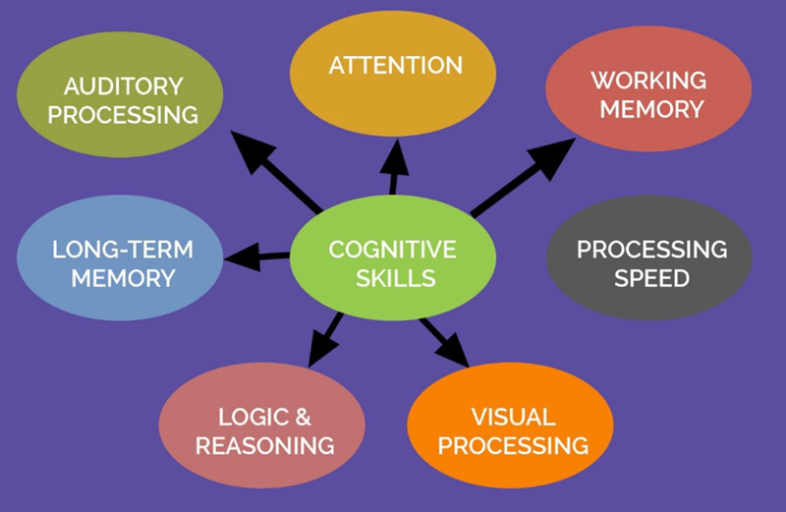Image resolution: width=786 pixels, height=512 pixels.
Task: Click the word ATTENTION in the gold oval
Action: tap(395, 66)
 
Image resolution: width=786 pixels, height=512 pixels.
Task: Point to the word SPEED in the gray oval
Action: tap(651, 277)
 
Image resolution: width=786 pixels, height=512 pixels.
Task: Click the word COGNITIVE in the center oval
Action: tap(392, 249)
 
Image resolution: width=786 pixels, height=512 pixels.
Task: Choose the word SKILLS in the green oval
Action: tap(392, 278)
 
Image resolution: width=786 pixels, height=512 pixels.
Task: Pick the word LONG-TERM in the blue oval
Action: tap(123, 249)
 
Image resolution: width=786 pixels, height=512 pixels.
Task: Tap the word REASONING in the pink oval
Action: tap(264, 445)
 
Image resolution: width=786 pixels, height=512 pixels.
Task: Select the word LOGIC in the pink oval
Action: tap(250, 417)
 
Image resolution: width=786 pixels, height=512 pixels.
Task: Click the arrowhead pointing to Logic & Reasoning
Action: tap(318, 350)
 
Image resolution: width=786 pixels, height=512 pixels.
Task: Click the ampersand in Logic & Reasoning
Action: tap(303, 417)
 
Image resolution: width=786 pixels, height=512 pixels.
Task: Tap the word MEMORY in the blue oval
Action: tap(122, 278)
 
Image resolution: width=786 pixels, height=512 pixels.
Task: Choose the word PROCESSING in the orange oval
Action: tap(513, 445)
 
